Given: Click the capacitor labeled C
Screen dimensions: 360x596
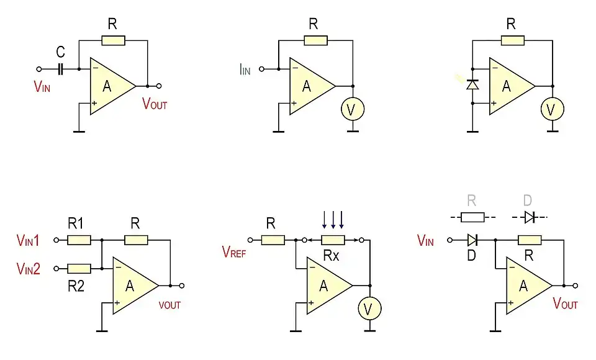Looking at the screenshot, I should [x=61, y=69].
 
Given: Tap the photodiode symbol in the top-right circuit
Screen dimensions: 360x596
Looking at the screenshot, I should [x=472, y=84].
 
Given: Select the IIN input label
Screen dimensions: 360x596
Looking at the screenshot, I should [x=245, y=70].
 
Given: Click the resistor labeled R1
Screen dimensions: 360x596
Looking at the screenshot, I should [x=79, y=240].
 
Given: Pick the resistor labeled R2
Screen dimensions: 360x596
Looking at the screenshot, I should [x=79, y=268].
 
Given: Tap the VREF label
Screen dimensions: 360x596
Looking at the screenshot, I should [x=234, y=251].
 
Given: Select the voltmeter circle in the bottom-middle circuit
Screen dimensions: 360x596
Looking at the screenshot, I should [x=370, y=308].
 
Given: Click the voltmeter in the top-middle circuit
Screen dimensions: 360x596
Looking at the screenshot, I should [x=353, y=109].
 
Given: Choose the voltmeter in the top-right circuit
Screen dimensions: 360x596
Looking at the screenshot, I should [x=552, y=109].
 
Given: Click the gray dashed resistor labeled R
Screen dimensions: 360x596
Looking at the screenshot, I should [x=472, y=217].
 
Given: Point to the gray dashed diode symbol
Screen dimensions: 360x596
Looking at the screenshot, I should [x=528, y=217].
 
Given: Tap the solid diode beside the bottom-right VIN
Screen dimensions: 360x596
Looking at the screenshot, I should [x=472, y=240].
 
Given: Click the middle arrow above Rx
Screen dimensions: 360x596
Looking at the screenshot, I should [x=333, y=219].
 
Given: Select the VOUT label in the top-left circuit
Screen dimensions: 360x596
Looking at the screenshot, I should [x=155, y=104].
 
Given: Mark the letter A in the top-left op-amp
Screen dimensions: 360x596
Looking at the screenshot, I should [x=107, y=86].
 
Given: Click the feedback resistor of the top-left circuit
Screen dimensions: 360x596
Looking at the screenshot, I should [x=113, y=41].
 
